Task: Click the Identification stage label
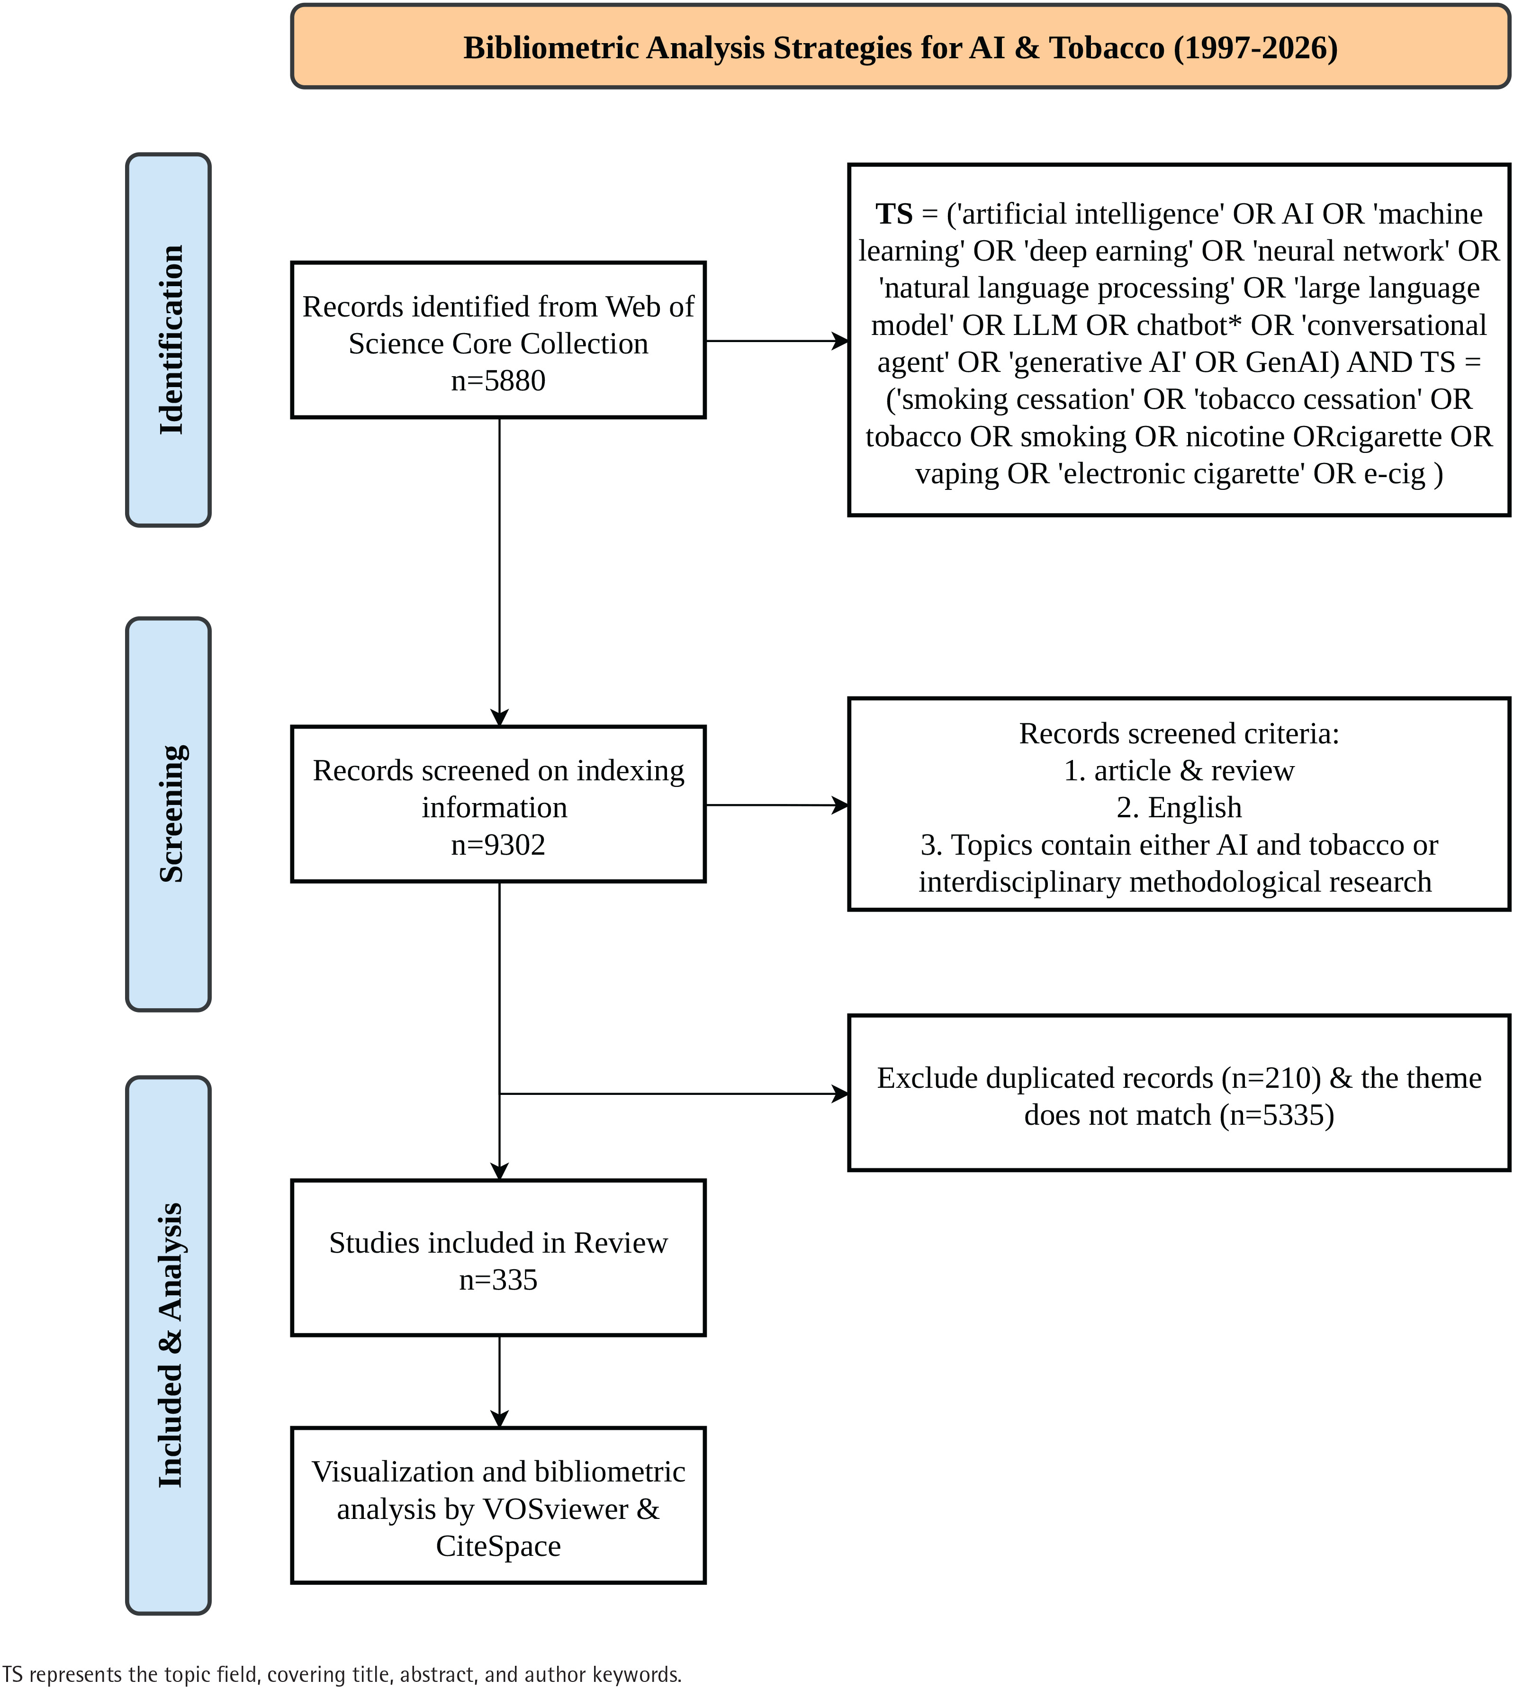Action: (171, 340)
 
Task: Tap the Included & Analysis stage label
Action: (171, 1346)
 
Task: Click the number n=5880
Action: (498, 380)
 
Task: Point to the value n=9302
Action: (498, 844)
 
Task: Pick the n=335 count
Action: (498, 1280)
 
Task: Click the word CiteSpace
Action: (498, 1546)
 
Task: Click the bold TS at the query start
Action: (894, 214)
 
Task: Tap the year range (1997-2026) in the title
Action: (1255, 47)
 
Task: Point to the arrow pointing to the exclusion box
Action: (674, 1094)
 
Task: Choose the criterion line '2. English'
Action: (1179, 807)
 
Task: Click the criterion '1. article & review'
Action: (1179, 770)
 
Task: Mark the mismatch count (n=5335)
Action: (1277, 1115)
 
